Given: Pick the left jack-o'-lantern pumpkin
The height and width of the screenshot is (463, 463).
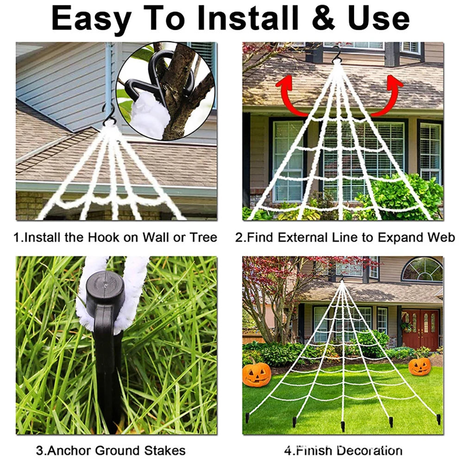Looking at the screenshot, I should click(x=257, y=374).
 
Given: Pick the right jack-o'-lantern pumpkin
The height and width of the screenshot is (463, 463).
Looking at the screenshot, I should click(x=419, y=366).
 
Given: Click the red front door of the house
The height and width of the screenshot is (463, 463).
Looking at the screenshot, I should click(x=420, y=329).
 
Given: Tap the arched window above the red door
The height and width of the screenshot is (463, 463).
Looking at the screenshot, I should click(x=422, y=269).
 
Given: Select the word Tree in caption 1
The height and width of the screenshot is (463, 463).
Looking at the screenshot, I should click(x=203, y=238).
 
